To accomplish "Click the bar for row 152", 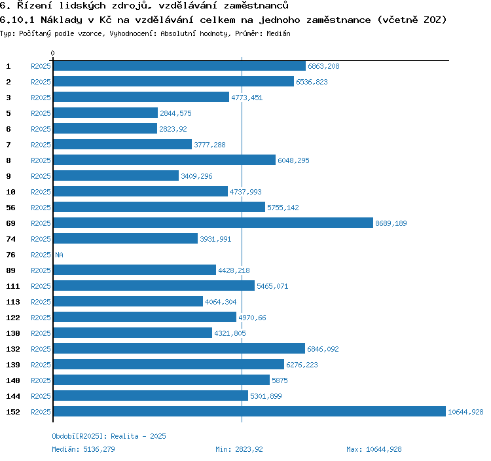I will [x=249, y=412].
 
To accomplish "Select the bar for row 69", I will [x=213, y=223].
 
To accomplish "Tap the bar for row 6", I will [x=105, y=129].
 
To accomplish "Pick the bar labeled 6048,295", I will [x=164, y=160].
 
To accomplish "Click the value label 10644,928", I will [x=465, y=412].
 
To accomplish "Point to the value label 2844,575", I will [x=175, y=113].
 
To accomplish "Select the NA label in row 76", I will [x=59, y=255].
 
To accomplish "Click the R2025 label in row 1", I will [x=41, y=66].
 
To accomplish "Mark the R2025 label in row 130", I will [x=41, y=333].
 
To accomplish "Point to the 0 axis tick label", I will [x=53, y=53].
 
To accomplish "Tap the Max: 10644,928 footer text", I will [x=374, y=449].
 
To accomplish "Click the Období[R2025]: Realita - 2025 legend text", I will [x=104, y=436].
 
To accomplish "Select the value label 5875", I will [x=280, y=380].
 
